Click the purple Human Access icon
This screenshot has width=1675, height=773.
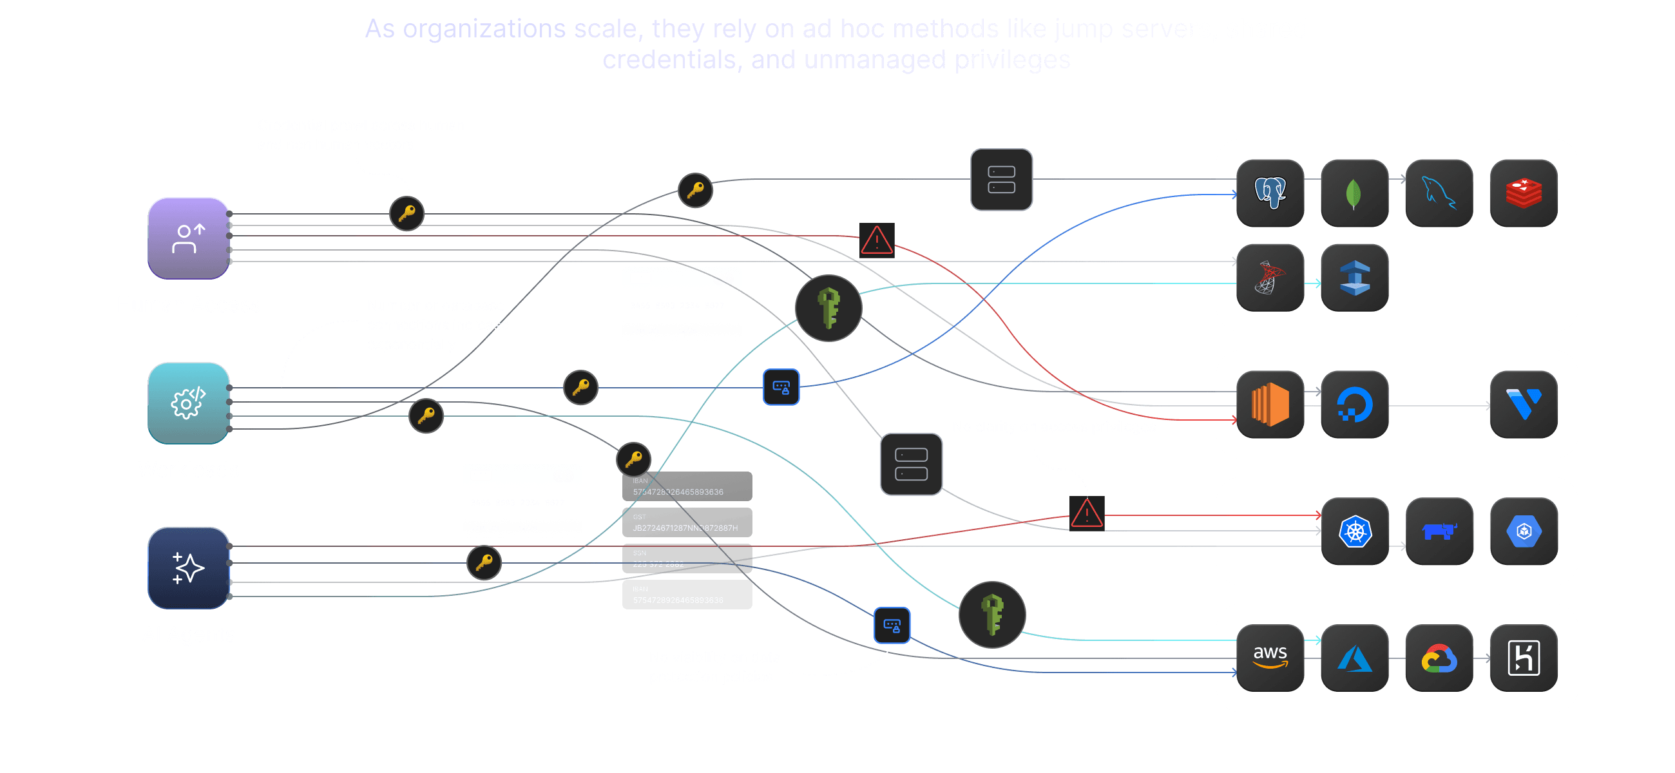189,238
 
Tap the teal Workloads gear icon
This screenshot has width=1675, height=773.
189,403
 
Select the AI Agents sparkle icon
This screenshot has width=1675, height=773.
189,568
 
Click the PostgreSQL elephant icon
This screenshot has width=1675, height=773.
1270,193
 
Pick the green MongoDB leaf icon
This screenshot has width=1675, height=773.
1354,193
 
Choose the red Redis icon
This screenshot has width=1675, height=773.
1524,193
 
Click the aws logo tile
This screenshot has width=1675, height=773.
1270,658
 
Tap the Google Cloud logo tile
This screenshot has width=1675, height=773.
1439,658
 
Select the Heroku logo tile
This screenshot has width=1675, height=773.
1524,658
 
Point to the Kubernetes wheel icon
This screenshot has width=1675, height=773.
1355,531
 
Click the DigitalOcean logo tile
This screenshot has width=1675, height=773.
1354,405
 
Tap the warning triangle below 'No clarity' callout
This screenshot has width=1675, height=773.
1087,513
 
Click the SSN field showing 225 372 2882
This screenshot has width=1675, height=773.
687,559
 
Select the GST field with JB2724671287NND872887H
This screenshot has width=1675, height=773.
687,522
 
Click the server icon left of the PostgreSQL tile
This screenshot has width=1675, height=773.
1001,180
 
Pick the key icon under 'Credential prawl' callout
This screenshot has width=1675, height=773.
407,213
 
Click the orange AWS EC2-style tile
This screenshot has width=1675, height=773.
1270,405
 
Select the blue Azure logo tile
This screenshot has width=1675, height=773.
1354,658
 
